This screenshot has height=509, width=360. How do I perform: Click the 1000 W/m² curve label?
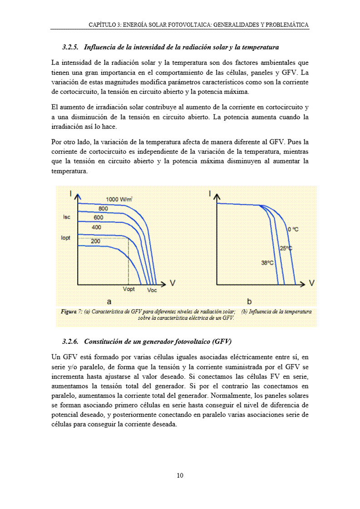(x=119, y=199)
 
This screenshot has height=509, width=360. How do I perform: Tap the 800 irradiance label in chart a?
(x=103, y=208)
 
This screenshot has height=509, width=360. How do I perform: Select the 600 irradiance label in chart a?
(x=99, y=217)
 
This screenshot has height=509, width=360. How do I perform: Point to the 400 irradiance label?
(x=96, y=227)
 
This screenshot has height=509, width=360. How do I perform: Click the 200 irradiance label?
(x=95, y=241)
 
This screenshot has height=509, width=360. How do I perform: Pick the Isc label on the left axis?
(x=66, y=217)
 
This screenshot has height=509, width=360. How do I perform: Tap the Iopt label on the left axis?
(x=66, y=237)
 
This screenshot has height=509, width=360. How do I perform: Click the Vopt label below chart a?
(x=129, y=289)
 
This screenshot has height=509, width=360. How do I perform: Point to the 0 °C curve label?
(x=293, y=230)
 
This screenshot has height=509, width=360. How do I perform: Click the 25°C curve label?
(x=286, y=248)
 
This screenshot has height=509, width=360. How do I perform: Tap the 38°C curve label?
(x=267, y=263)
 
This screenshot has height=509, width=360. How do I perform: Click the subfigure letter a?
(x=109, y=301)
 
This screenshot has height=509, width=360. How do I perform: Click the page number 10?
(x=180, y=475)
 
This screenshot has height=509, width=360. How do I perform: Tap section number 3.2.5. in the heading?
(x=71, y=47)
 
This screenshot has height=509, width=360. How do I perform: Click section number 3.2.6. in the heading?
(x=71, y=341)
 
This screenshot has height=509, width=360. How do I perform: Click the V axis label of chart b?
(x=312, y=283)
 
